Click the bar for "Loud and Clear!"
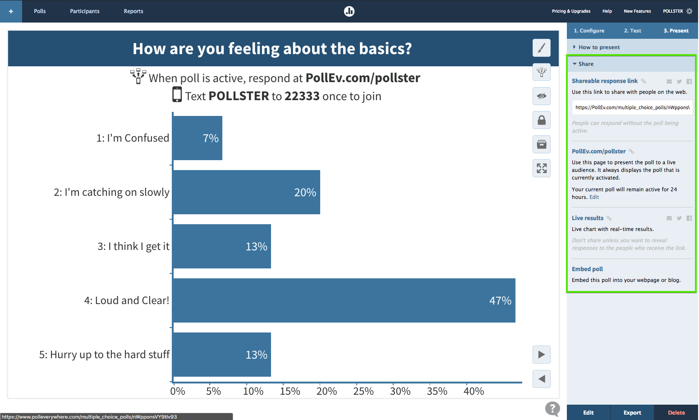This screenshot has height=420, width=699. tap(344, 300)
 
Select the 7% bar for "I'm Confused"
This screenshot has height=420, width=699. tap(197, 138)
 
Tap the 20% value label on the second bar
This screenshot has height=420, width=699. tap(305, 193)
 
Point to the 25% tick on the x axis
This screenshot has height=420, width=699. tap(363, 391)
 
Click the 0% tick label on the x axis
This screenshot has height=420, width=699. tap(178, 391)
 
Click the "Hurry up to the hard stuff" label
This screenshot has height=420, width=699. tap(104, 355)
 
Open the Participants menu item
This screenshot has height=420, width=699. tap(85, 11)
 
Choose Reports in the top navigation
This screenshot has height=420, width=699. tap(133, 11)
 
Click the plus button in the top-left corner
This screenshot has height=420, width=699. tap(11, 11)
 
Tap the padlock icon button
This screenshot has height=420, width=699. tap(542, 120)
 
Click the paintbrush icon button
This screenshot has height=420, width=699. tap(542, 48)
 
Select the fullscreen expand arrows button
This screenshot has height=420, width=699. tap(542, 168)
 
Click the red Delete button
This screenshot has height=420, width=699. tap(676, 412)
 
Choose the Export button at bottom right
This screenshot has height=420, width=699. tap(632, 412)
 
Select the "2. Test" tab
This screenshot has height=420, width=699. tap(632, 31)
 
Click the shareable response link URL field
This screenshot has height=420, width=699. tap(632, 107)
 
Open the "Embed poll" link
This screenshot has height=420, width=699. tap(587, 269)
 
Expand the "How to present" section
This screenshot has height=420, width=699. tap(599, 47)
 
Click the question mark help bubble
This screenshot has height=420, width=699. tap(552, 409)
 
